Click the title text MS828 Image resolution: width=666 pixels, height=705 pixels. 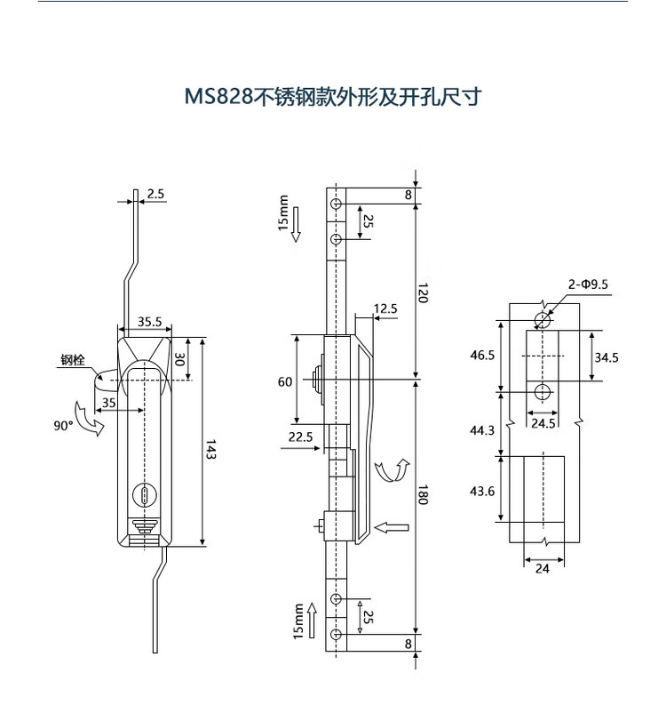click(x=219, y=96)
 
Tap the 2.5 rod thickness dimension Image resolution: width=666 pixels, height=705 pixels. click(x=155, y=194)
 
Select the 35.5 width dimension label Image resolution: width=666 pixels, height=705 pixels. click(x=149, y=322)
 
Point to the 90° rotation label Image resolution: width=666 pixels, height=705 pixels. click(x=63, y=425)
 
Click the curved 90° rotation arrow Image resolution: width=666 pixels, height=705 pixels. click(x=89, y=419)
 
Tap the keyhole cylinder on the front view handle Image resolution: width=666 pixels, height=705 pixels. click(x=145, y=495)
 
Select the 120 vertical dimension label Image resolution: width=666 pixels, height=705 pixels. click(x=423, y=292)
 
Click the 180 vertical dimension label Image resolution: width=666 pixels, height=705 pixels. click(x=423, y=494)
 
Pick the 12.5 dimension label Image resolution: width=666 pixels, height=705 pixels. click(x=385, y=308)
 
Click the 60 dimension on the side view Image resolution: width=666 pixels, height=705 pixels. click(x=285, y=381)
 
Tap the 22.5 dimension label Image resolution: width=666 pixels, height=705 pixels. click(x=300, y=437)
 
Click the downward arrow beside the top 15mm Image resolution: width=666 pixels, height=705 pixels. click(x=296, y=225)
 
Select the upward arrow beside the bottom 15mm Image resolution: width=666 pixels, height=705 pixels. click(x=312, y=621)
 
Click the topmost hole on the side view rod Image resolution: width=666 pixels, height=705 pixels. click(x=337, y=204)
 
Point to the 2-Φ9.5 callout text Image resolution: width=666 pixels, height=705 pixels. click(x=588, y=284)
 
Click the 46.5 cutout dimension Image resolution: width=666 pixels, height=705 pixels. click(x=482, y=356)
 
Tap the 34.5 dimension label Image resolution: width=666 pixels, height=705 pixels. click(x=607, y=357)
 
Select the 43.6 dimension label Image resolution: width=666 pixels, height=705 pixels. click(x=482, y=491)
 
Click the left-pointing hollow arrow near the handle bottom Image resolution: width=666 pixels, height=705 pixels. click(x=391, y=527)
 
